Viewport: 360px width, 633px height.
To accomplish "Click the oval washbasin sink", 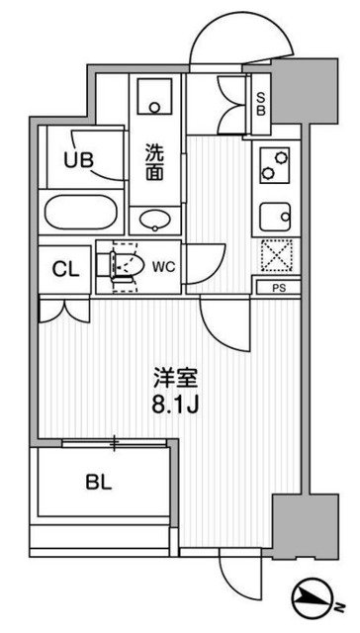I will coord(155,220).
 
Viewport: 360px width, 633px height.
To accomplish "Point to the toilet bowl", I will coord(127,264).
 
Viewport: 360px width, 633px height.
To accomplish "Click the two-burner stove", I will coord(274,164).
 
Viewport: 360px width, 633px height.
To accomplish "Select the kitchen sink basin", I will coord(275,215).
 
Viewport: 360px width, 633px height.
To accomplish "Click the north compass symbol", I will coord(318,599).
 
